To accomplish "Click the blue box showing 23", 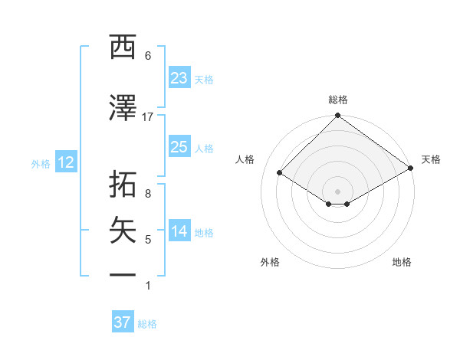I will coord(179,78).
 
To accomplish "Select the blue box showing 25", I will coord(179,147).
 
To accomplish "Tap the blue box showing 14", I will coord(179,232).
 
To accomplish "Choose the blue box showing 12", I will coord(65,162).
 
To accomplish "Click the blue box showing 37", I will coord(123,322).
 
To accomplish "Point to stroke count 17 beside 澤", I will coord(148,117).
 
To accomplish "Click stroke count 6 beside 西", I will coord(148,56).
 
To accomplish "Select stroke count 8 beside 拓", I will coord(148,194).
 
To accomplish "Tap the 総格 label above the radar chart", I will coord(338,100).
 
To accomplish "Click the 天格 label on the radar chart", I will coord(431,159).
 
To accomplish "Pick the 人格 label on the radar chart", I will coord(245,159).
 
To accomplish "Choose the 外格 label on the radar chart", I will coord(270,262).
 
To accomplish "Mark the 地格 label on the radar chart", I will coord(402,262).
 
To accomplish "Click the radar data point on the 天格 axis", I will coord(411,168).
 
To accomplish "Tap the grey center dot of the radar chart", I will coord(337,191).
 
